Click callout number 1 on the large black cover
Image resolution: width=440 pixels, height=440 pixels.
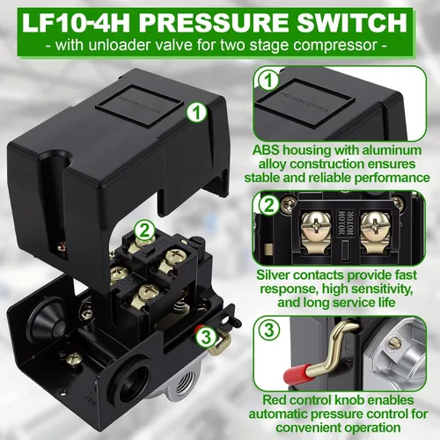click(198, 112)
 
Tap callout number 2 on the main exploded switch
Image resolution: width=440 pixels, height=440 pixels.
click(140, 231)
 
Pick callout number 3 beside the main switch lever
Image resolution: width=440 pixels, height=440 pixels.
click(203, 335)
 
